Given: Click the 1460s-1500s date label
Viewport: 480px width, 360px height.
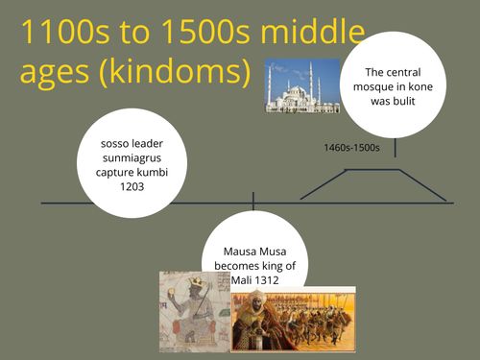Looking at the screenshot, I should [352, 148].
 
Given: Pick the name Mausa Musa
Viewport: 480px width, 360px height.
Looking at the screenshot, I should [252, 252].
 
